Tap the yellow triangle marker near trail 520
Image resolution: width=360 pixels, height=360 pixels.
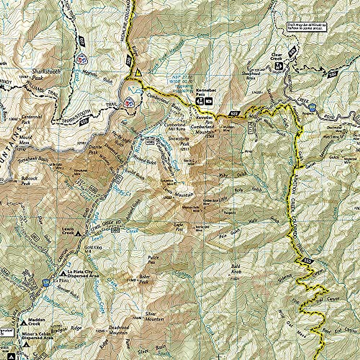138,73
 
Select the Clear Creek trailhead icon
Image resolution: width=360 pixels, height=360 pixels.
279,65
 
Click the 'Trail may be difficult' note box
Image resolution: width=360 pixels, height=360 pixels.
307,26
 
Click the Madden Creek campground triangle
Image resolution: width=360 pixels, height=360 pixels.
24,323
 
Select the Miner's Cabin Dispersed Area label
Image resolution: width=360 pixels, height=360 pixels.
37,336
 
